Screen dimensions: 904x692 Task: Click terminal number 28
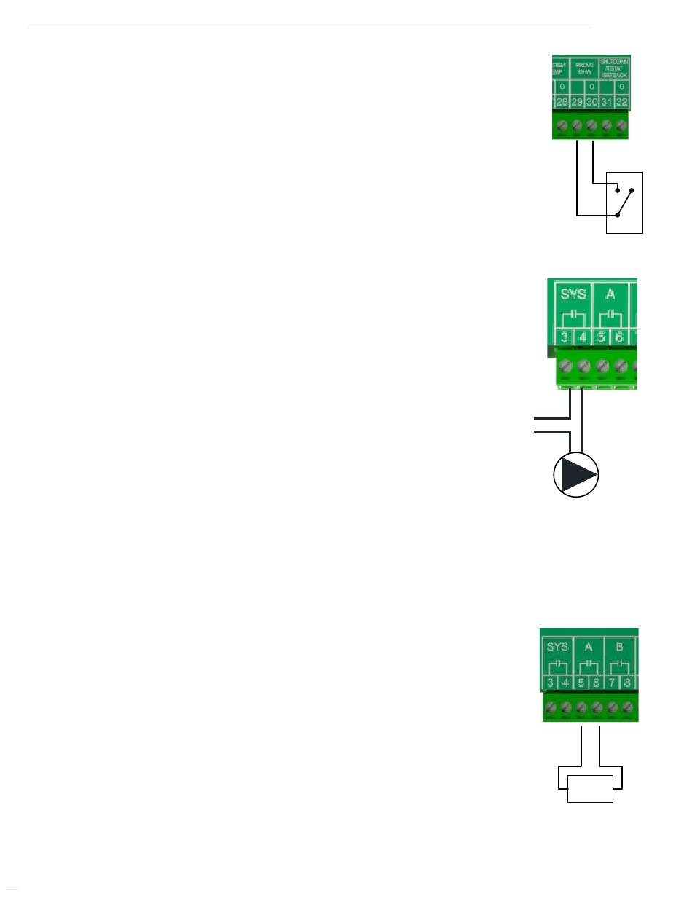click(x=562, y=101)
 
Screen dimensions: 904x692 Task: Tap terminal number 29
click(x=577, y=101)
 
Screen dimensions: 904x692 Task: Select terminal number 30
click(x=591, y=101)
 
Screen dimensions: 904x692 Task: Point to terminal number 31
click(x=606, y=101)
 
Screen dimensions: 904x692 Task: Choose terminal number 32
click(x=621, y=101)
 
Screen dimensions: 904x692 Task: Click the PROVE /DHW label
click(x=584, y=68)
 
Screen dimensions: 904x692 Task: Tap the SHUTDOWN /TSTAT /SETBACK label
click(x=614, y=68)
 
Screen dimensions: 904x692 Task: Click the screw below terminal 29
click(x=577, y=125)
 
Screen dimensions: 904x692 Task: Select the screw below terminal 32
click(x=621, y=125)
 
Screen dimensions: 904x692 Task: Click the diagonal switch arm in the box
click(x=625, y=203)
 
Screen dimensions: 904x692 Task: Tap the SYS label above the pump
click(x=573, y=296)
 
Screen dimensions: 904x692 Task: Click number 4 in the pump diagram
click(x=583, y=337)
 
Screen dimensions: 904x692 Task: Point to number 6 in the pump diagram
click(x=620, y=337)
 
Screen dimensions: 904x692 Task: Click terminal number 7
click(x=613, y=683)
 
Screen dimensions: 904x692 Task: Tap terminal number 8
click(x=627, y=683)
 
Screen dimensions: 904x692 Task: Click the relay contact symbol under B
click(x=621, y=664)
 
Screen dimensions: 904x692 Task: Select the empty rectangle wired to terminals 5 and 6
click(x=591, y=789)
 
